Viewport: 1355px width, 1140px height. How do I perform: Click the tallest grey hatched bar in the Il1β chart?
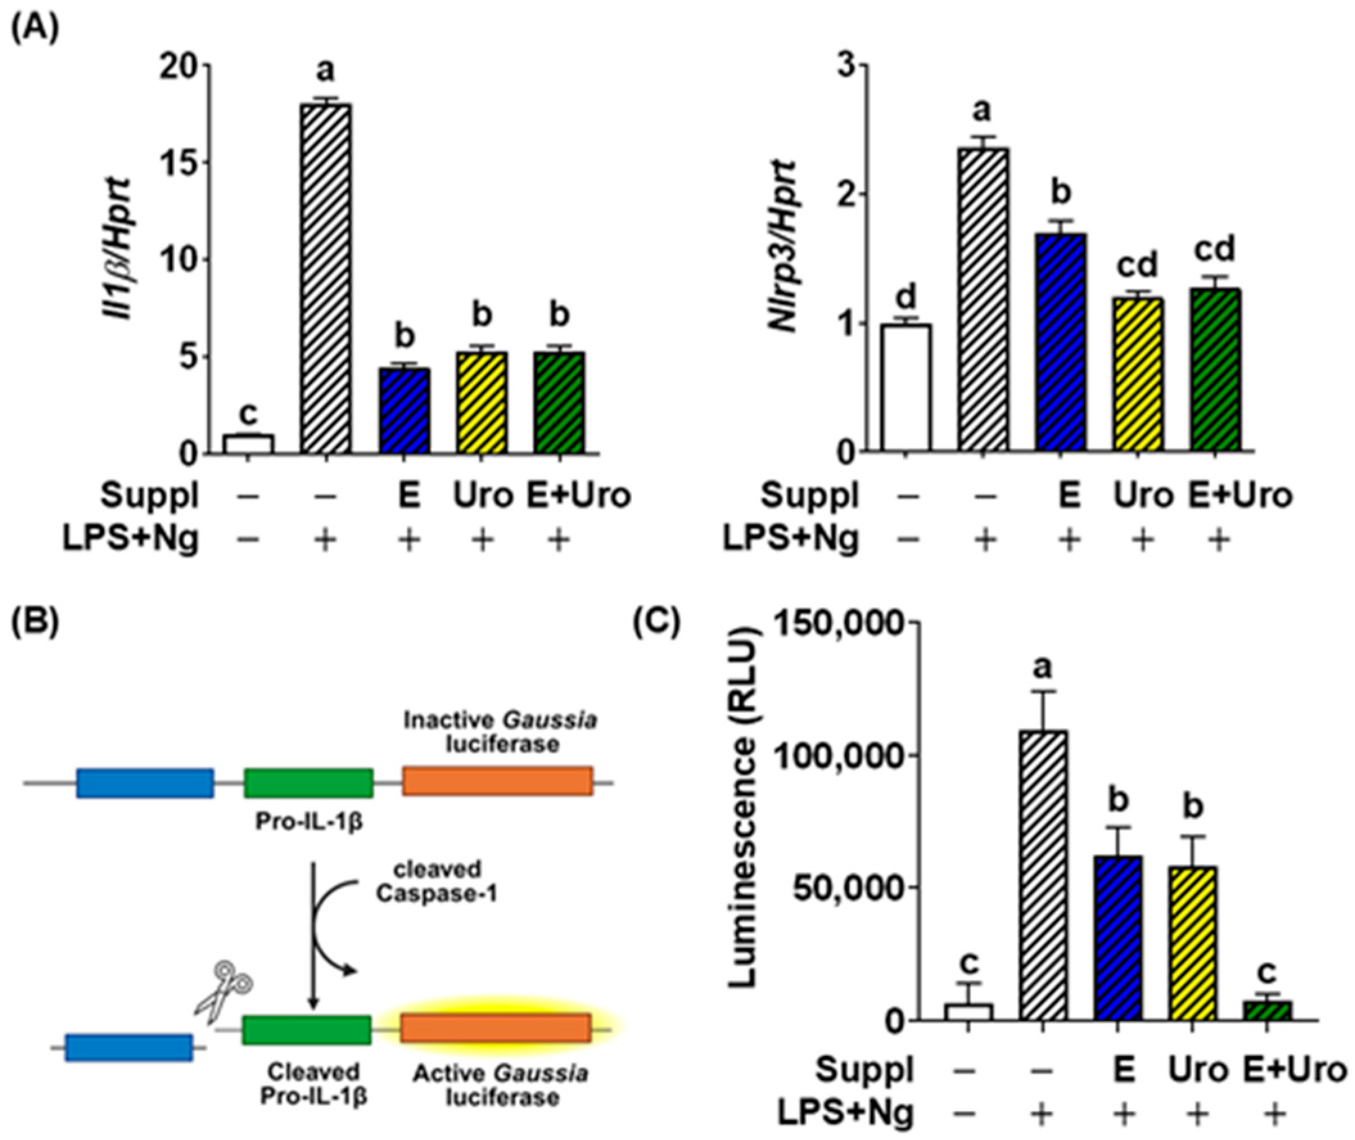pos(326,278)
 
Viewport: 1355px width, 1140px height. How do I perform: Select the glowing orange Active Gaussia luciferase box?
pos(496,1028)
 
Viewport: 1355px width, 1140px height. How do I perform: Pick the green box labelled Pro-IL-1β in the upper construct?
pos(308,783)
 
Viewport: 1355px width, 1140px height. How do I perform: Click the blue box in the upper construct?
pos(144,783)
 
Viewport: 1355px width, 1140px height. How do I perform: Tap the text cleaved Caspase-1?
pos(437,882)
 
